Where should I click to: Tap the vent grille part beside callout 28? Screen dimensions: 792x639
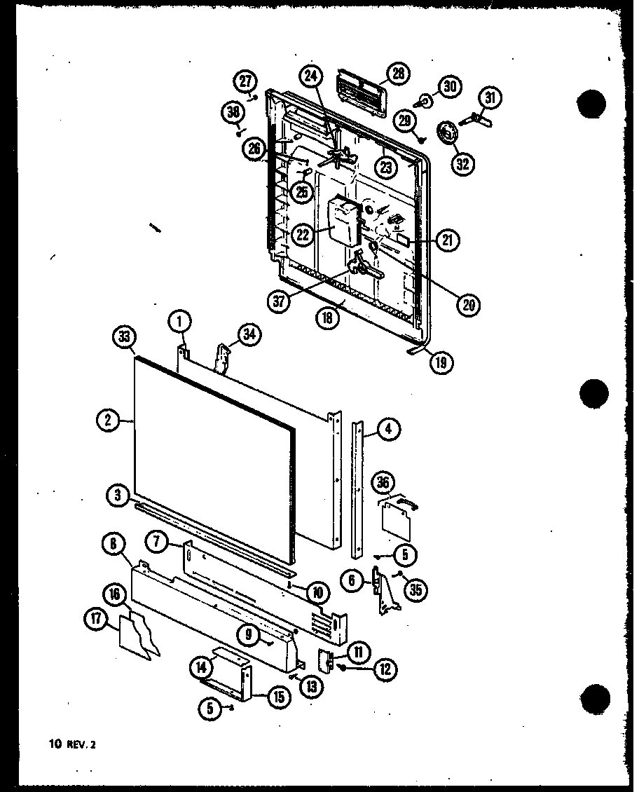(361, 89)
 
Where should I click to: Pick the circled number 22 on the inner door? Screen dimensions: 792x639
(303, 234)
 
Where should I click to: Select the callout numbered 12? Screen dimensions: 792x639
(385, 670)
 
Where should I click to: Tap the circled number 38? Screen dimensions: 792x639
(233, 111)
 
